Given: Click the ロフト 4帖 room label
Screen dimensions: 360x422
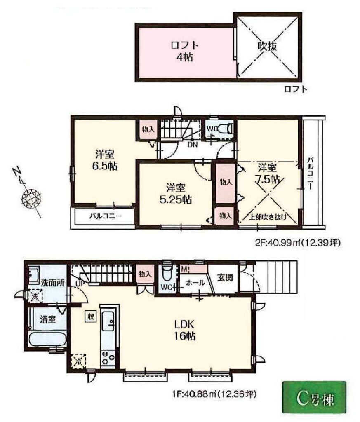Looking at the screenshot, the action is click(x=185, y=51).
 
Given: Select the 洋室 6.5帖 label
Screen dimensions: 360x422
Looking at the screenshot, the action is click(x=105, y=161).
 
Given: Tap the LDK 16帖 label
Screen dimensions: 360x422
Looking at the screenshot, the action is click(x=184, y=330).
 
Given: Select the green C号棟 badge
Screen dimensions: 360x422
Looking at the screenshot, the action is click(x=314, y=399).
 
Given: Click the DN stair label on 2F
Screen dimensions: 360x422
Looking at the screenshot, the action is click(x=193, y=145).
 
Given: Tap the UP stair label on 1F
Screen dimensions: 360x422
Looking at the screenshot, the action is click(x=80, y=284).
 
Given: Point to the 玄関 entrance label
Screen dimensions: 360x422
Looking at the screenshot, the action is click(x=225, y=277).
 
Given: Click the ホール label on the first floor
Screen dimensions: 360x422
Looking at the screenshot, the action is click(x=195, y=283).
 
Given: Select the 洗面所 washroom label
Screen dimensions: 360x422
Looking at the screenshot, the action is click(x=53, y=283).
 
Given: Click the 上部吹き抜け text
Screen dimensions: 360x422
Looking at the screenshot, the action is click(x=267, y=217).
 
